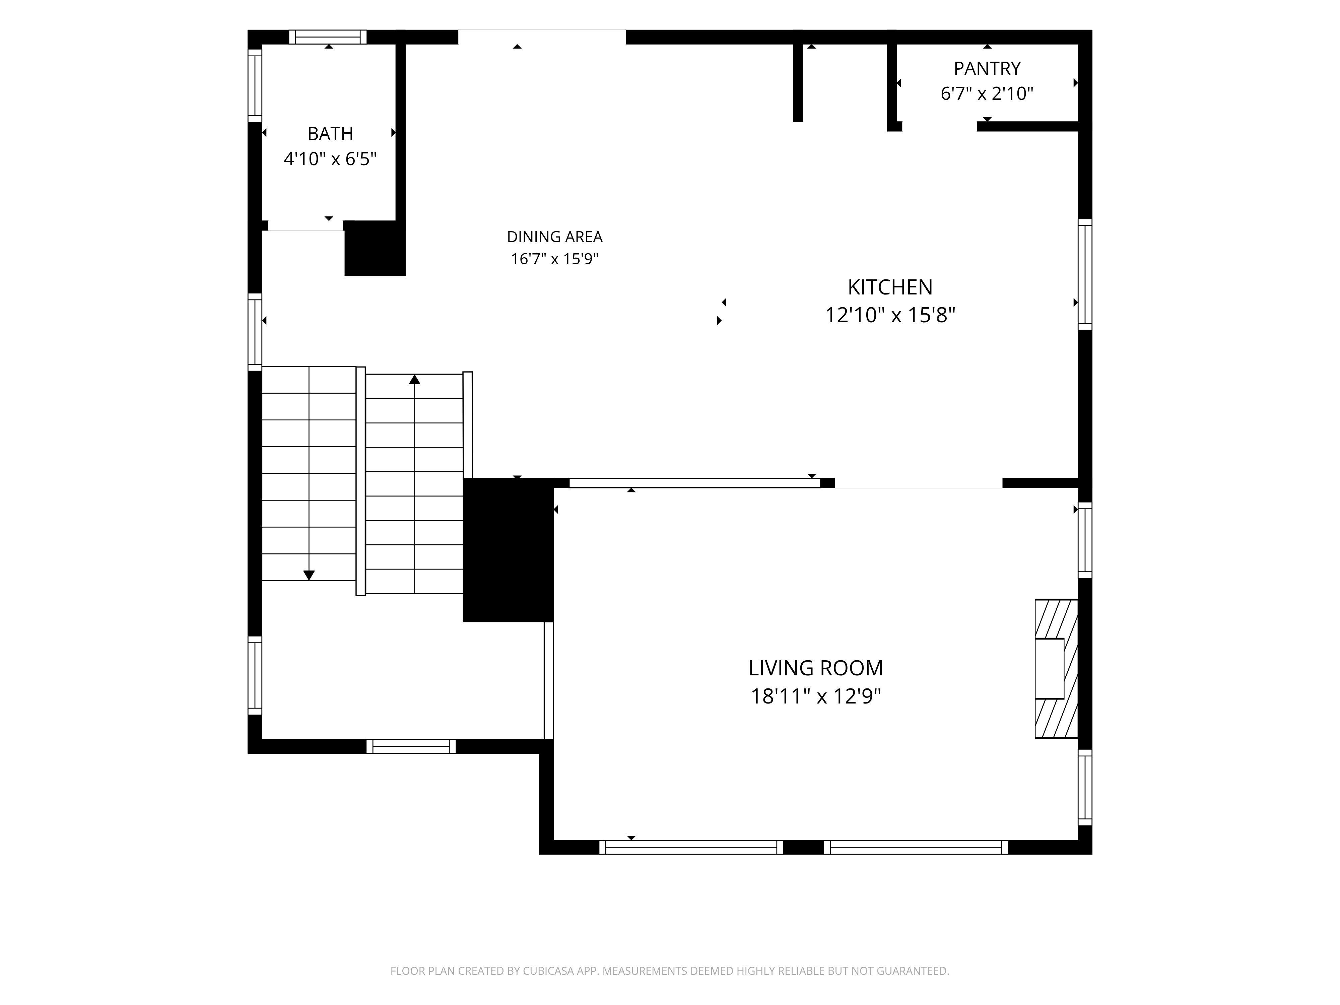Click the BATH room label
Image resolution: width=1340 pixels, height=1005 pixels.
click(x=330, y=133)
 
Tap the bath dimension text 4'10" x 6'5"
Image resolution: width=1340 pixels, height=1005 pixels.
click(x=330, y=159)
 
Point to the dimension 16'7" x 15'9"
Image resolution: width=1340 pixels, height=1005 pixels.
click(x=554, y=259)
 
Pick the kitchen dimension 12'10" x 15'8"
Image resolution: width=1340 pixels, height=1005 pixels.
click(x=890, y=315)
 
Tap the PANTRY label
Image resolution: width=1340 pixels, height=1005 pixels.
click(x=987, y=68)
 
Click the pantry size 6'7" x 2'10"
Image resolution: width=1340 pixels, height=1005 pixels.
click(x=987, y=93)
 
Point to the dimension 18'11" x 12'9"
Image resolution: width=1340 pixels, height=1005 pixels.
click(x=815, y=696)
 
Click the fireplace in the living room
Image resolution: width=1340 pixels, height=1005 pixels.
click(x=1056, y=668)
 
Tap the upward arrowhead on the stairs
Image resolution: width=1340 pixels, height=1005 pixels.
click(x=414, y=379)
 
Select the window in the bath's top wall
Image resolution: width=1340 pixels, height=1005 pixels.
click(x=328, y=37)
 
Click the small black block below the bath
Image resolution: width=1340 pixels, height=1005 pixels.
click(x=375, y=248)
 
